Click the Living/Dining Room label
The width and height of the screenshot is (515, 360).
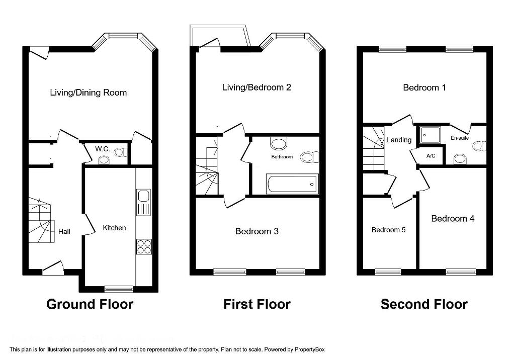(89, 93)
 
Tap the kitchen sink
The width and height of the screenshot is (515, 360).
(143, 202)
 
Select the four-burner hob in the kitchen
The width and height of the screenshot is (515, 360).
(144, 247)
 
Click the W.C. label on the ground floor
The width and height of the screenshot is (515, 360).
(103, 149)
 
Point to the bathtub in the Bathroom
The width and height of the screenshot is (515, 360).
(293, 184)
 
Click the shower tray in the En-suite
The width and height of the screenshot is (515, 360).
(430, 135)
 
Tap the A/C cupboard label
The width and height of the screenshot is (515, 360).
(431, 156)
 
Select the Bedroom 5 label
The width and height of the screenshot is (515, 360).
(389, 230)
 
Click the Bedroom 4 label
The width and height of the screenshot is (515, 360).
(453, 219)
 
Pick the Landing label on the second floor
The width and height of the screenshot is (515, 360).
(399, 140)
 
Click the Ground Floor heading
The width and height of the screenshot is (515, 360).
(90, 304)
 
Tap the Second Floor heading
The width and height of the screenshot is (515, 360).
(424, 304)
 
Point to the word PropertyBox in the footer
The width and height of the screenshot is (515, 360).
(309, 349)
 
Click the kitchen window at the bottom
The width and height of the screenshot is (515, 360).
(119, 289)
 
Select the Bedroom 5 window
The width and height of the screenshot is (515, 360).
(388, 272)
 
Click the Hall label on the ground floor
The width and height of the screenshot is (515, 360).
(64, 232)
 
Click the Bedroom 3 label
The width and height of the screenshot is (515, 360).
(257, 231)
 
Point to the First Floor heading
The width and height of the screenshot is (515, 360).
(257, 304)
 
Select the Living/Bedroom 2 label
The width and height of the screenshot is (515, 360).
(256, 87)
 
